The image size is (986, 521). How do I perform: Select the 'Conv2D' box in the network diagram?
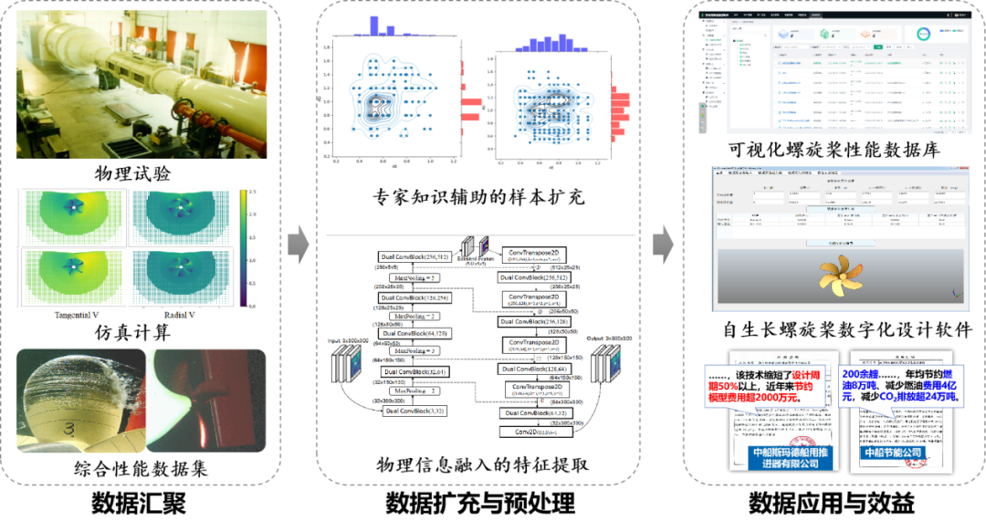[x=536, y=432]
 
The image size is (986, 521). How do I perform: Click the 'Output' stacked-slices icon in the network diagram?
[x=606, y=371]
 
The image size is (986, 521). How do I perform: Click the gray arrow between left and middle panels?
[x=299, y=244]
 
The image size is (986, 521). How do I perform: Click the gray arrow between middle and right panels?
[x=664, y=244]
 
